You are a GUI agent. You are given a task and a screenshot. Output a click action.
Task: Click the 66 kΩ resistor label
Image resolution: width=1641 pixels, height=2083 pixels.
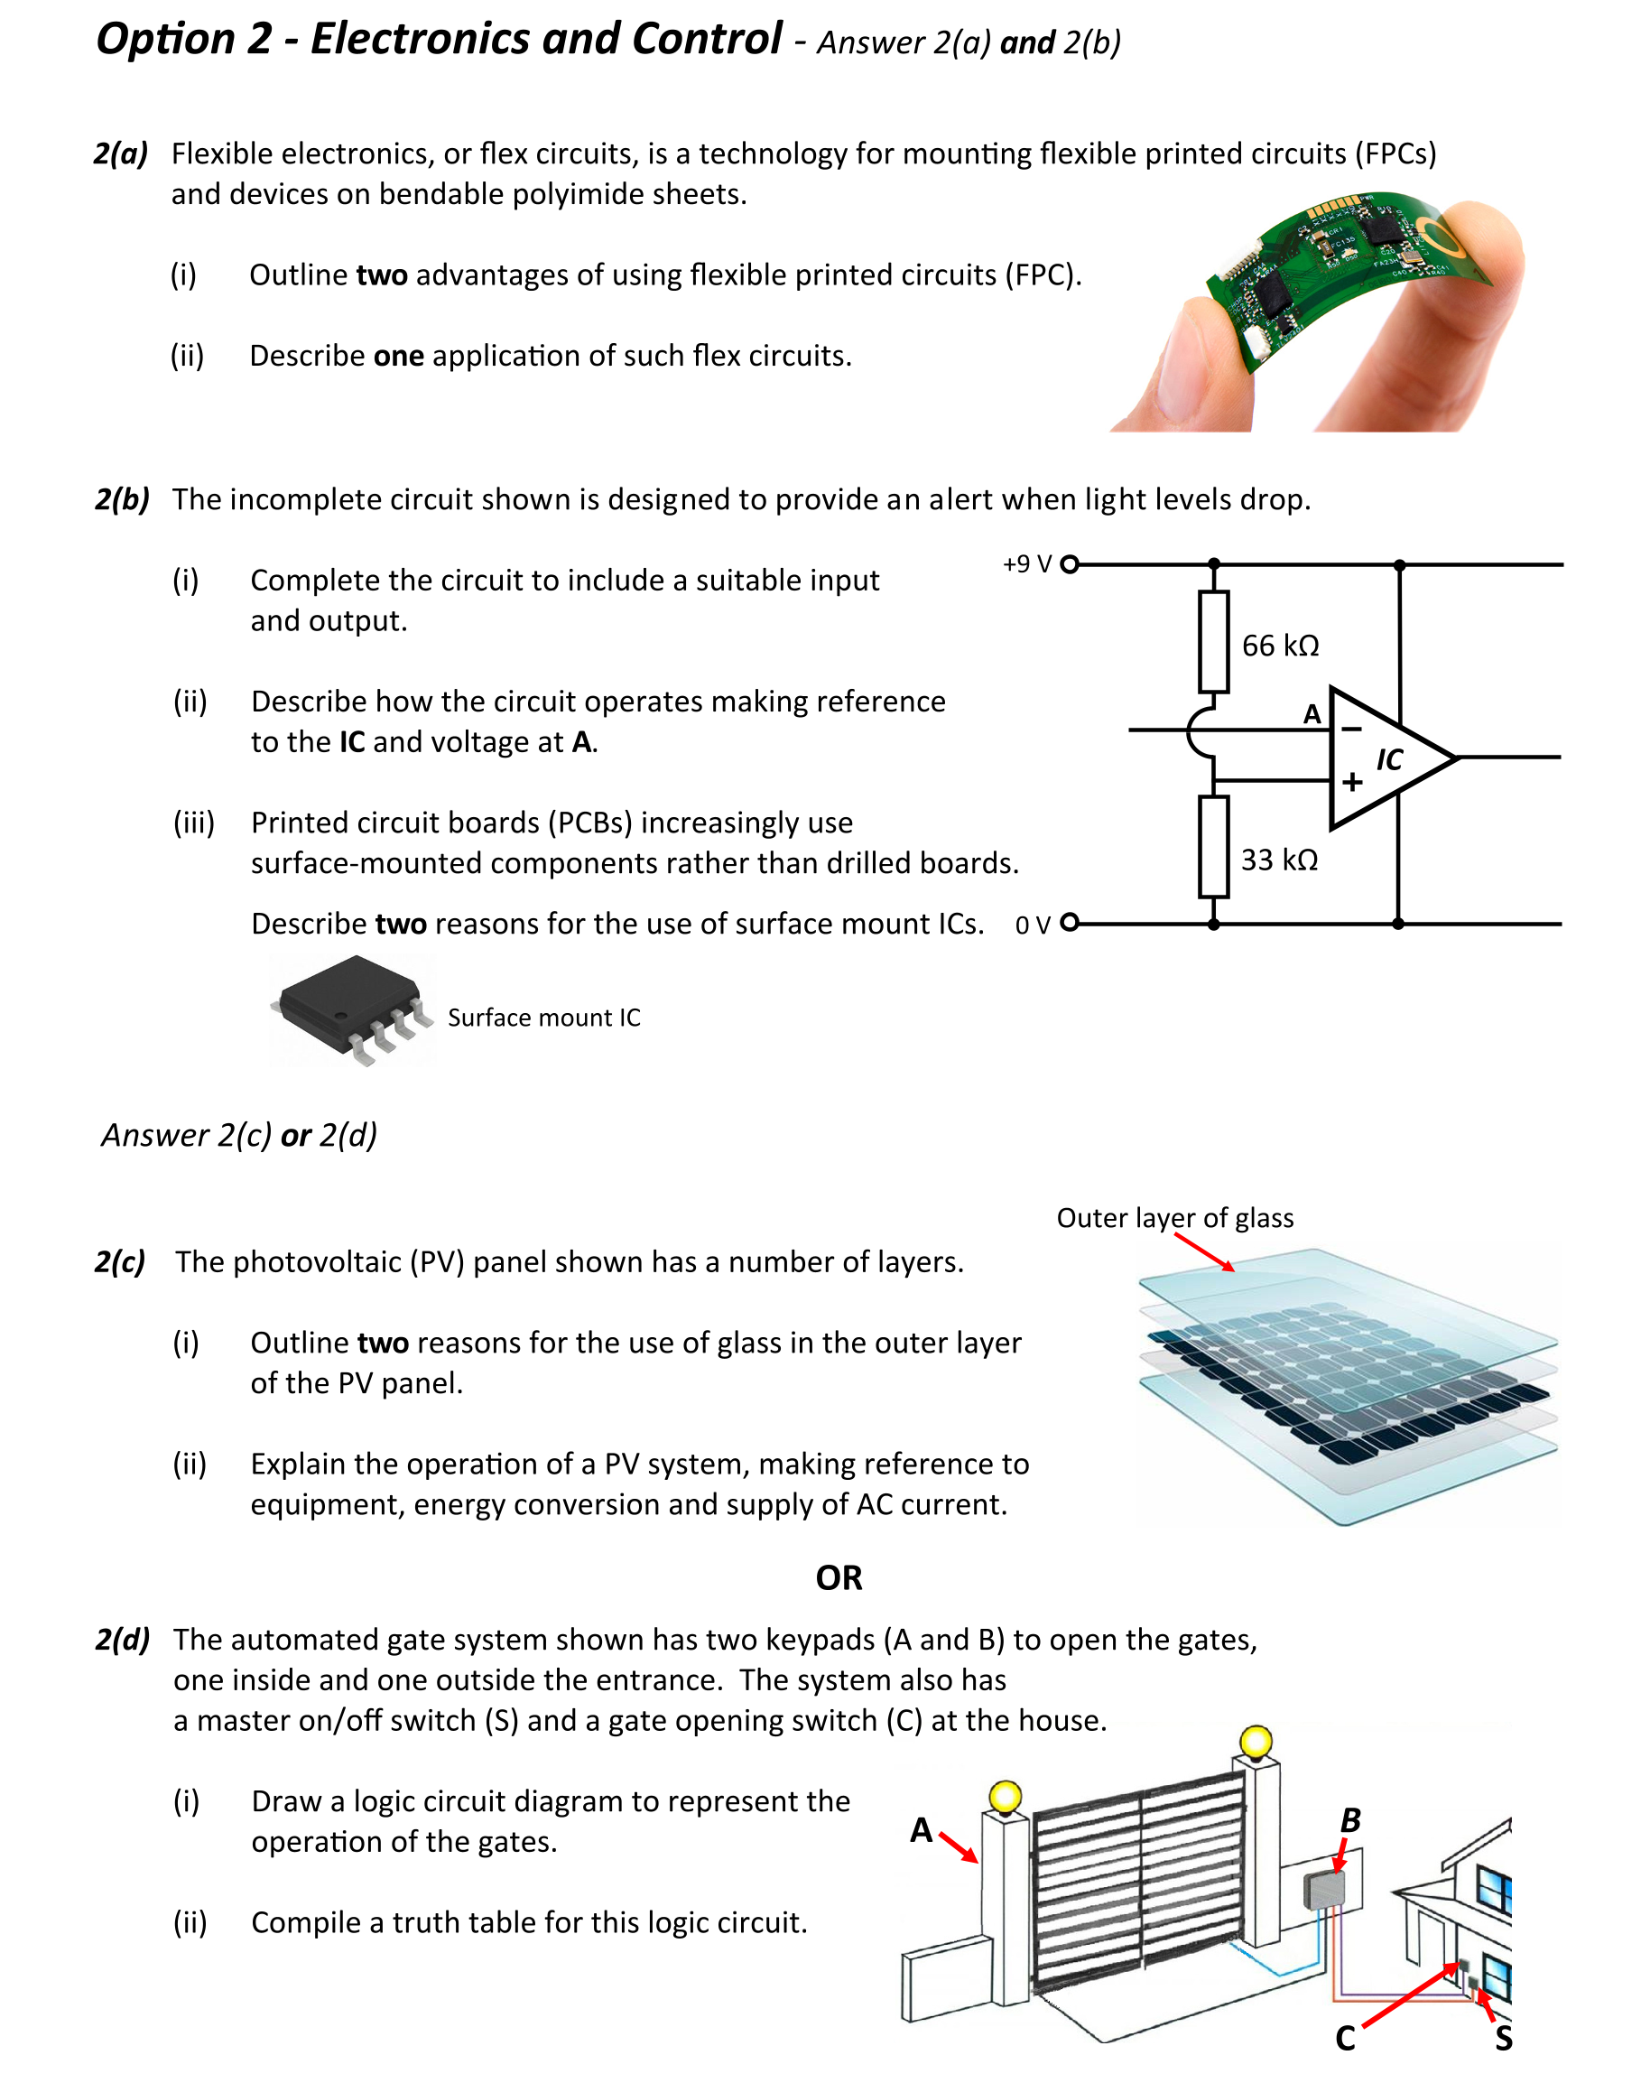tap(1280, 646)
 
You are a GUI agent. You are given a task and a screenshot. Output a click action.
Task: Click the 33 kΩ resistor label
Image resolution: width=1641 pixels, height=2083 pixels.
tap(1279, 860)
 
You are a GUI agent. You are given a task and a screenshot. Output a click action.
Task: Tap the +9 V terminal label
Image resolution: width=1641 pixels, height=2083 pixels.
tap(1027, 564)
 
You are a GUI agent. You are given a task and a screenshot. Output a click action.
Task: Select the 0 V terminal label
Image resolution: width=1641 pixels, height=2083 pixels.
tap(1033, 925)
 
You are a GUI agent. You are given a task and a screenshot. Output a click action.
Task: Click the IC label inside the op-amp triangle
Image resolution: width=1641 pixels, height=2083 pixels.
tap(1389, 760)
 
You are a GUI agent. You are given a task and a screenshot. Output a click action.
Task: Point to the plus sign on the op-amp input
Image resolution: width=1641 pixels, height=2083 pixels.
tap(1352, 782)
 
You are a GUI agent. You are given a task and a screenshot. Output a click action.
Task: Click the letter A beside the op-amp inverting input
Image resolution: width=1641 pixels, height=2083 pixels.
tap(1312, 714)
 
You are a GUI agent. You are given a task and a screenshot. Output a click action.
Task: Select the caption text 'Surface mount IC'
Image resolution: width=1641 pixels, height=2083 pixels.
tap(543, 1018)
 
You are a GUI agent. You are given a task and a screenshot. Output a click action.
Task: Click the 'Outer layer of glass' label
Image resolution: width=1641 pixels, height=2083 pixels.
tap(1174, 1218)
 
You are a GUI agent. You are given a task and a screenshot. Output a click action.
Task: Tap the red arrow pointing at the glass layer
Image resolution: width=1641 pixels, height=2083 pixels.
tap(1203, 1252)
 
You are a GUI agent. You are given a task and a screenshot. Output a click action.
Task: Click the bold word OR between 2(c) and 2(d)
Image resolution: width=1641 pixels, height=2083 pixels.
tap(839, 1577)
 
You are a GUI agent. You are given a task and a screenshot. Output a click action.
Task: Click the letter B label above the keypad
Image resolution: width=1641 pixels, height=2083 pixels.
tap(1349, 1819)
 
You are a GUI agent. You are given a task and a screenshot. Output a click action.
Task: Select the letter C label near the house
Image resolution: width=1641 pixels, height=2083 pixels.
tap(1345, 2038)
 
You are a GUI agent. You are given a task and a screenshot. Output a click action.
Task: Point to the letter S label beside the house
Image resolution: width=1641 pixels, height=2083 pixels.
tap(1504, 2038)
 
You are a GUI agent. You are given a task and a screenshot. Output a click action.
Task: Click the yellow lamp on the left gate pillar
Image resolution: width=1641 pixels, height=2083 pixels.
tap(1005, 1796)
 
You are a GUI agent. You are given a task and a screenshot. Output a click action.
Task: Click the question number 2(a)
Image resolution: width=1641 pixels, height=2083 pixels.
tap(121, 153)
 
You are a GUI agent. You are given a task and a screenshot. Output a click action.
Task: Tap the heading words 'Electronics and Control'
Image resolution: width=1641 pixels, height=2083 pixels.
tap(546, 41)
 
